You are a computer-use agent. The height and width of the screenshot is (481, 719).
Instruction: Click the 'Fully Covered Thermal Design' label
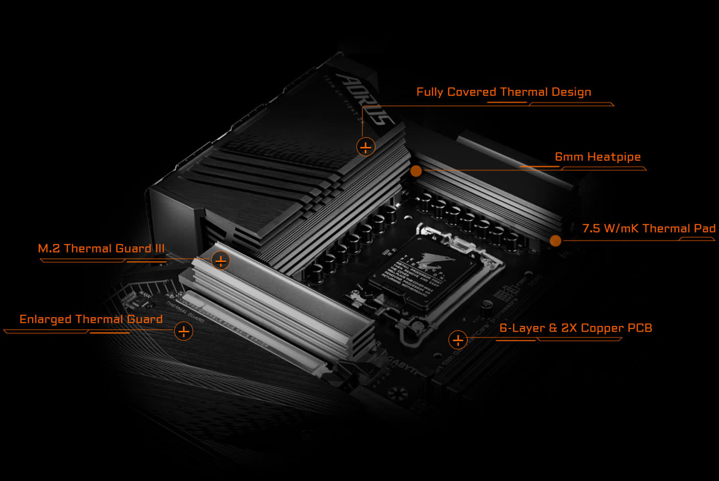(503, 92)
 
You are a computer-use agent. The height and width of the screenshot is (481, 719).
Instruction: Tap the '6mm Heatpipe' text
(597, 157)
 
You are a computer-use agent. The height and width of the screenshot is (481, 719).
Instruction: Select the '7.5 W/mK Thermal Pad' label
(648, 229)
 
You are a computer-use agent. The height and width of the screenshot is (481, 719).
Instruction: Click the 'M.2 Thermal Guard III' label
(101, 249)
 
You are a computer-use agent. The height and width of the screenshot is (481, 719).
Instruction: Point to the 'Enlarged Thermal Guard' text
(91, 319)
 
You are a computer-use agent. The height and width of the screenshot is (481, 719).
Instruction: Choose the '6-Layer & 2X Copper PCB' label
(575, 328)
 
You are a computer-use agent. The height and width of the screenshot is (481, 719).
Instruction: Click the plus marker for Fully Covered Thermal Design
(365, 147)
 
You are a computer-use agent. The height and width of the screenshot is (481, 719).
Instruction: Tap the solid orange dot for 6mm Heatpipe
(416, 171)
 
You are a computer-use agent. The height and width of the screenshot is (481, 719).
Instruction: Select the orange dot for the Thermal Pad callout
(555, 240)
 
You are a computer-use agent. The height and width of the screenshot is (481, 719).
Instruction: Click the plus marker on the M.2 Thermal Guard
(220, 261)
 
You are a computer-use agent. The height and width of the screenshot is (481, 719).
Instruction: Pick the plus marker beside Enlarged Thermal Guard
(184, 331)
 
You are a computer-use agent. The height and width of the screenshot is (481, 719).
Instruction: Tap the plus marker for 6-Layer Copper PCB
(458, 340)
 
